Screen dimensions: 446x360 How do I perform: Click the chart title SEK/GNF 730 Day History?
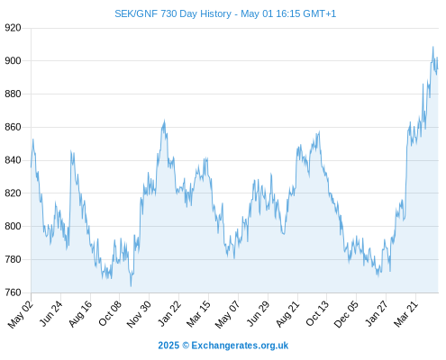click(x=173, y=13)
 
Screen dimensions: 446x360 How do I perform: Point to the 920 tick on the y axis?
click(x=13, y=28)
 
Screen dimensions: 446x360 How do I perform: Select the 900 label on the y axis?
click(x=13, y=61)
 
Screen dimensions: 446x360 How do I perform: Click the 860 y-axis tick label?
click(x=13, y=127)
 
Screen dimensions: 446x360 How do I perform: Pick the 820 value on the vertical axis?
click(x=13, y=193)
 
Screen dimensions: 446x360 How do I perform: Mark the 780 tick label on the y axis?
click(x=13, y=259)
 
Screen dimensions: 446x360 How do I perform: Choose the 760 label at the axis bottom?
click(x=13, y=292)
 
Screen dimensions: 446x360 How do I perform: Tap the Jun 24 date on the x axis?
click(x=51, y=312)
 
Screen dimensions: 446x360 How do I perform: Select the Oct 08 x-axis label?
click(x=110, y=312)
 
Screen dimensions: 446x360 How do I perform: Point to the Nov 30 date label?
click(x=139, y=313)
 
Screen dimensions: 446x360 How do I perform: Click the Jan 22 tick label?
click(x=169, y=312)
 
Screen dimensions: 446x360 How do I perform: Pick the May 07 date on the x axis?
click(x=228, y=313)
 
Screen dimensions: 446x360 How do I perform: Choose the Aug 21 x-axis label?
click(x=287, y=313)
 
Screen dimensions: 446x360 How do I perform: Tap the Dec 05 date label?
click(x=346, y=313)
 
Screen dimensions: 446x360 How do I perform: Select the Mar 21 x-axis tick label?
click(x=406, y=313)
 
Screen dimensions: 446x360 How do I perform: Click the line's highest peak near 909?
click(x=432, y=47)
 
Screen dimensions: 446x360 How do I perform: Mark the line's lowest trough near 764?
click(x=131, y=286)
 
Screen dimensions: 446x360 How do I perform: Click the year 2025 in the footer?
click(x=168, y=346)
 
